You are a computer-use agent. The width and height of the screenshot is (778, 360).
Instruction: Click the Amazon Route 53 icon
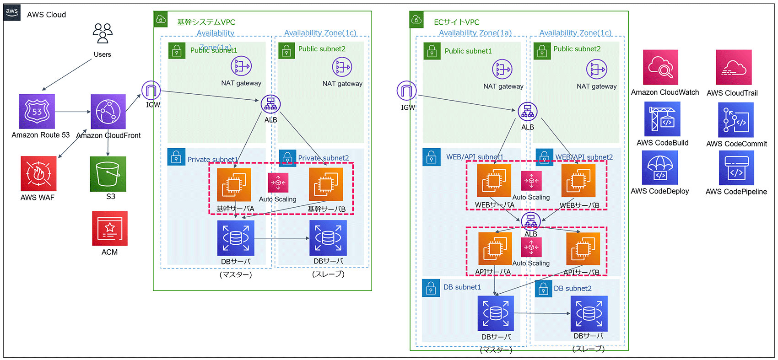(37, 111)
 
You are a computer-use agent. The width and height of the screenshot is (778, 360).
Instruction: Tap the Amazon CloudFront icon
(108, 112)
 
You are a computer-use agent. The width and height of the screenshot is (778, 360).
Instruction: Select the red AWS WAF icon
(38, 173)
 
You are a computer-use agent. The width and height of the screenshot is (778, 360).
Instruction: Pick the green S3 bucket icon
(108, 174)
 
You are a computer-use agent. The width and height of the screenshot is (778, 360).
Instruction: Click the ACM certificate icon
(110, 228)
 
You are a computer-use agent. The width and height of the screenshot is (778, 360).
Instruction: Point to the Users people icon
(103, 33)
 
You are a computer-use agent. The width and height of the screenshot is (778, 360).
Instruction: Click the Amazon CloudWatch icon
(660, 67)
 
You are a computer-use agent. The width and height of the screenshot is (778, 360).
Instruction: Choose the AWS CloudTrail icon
(734, 67)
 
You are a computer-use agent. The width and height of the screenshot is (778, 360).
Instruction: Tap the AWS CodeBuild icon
(662, 119)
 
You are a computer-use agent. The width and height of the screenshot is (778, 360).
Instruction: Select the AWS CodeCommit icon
(736, 120)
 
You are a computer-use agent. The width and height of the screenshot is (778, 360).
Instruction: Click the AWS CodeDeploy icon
(660, 167)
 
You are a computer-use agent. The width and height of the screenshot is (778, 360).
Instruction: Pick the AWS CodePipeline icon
(736, 168)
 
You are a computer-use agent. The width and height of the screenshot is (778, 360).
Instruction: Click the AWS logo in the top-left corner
(12, 12)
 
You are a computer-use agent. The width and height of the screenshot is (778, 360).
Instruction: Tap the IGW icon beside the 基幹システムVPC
(151, 91)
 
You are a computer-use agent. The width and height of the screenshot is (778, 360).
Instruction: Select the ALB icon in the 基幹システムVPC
(270, 104)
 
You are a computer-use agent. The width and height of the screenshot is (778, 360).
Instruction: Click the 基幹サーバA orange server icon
(234, 185)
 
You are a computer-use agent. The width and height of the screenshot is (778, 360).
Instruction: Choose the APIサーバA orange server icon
(495, 249)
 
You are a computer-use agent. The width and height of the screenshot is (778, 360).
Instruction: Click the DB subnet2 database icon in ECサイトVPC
(589, 313)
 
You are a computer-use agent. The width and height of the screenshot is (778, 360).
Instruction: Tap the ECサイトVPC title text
(456, 22)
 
